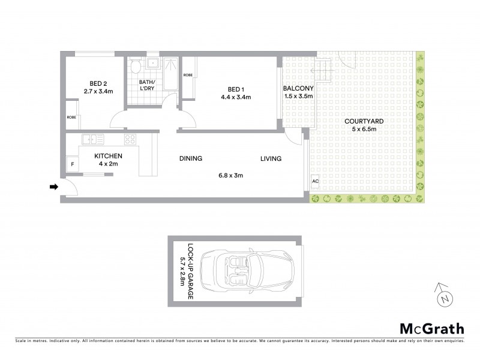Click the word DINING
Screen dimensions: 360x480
(x=191, y=158)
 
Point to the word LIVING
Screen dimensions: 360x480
(x=271, y=158)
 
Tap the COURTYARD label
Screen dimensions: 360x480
(x=364, y=121)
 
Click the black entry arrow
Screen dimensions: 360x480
(x=53, y=187)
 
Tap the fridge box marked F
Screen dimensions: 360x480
(x=73, y=164)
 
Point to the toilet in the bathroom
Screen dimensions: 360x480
(x=136, y=66)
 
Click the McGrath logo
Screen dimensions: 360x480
(x=431, y=328)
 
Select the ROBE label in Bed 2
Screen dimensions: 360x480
(x=71, y=117)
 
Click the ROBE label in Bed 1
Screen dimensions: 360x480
(x=188, y=75)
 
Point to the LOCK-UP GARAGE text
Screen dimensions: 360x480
(x=190, y=271)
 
